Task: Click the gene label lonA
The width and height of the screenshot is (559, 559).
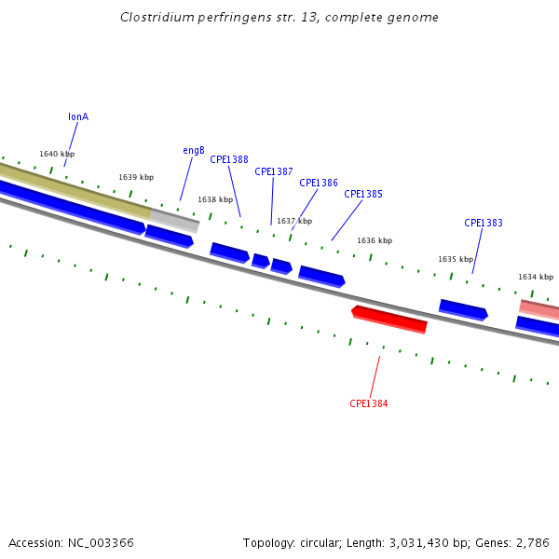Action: pos(78,117)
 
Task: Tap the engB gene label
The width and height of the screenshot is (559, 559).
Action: pos(194,151)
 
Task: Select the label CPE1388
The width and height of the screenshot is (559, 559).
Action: pos(229,159)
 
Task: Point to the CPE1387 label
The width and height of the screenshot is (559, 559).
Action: pos(274,171)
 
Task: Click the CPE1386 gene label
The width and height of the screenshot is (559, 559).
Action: pos(319,184)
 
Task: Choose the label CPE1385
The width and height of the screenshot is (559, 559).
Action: pos(363,195)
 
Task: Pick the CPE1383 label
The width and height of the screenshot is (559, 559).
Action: pos(484,224)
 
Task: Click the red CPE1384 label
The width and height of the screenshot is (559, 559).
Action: pos(369,404)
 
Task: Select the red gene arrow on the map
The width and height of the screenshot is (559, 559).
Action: pos(389,319)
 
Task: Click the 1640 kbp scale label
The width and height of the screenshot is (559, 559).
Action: pos(57,155)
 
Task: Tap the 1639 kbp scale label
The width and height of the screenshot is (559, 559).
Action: pos(136,177)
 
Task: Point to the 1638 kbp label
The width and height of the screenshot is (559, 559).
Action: pos(215,199)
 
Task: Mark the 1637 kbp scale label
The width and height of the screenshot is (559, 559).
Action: pos(294,221)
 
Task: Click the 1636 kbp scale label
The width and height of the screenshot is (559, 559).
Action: pos(375,240)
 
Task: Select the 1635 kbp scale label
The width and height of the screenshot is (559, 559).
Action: pos(456,259)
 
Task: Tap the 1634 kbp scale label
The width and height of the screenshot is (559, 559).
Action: pos(536,277)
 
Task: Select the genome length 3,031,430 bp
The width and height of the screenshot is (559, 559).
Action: pos(411,542)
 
